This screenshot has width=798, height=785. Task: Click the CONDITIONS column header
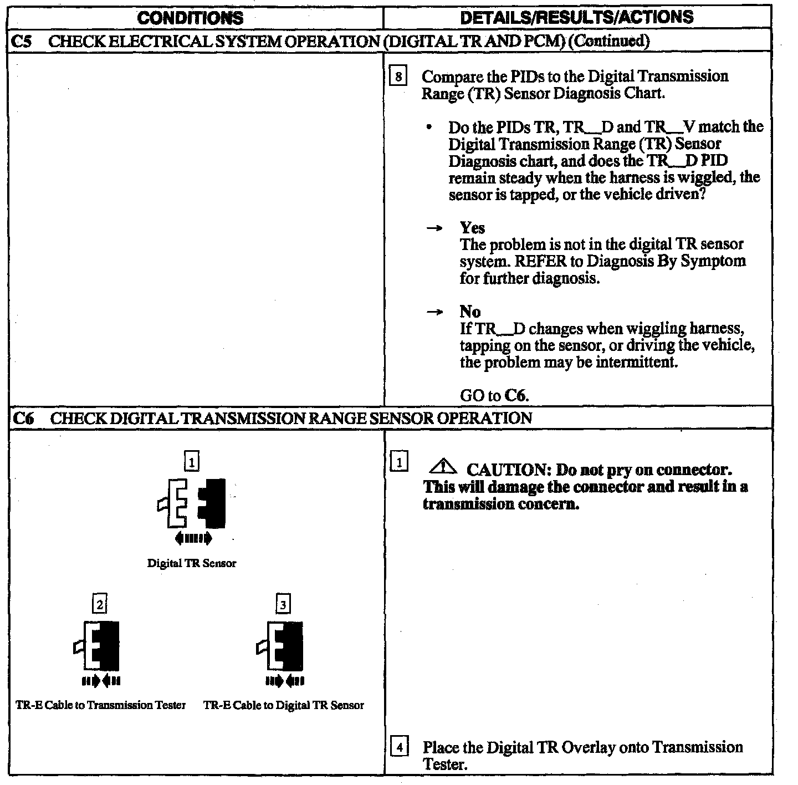pyautogui.click(x=190, y=17)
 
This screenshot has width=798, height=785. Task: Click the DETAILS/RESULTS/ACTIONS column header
pyautogui.click(x=576, y=17)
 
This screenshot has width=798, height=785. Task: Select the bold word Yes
pyautogui.click(x=472, y=228)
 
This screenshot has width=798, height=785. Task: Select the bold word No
pyautogui.click(x=470, y=312)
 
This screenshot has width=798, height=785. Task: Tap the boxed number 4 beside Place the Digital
pyautogui.click(x=399, y=747)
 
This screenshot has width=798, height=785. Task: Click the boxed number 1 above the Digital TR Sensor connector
pyautogui.click(x=191, y=461)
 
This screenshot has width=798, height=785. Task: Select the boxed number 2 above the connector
pyautogui.click(x=100, y=604)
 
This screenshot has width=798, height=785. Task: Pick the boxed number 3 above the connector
pyautogui.click(x=283, y=604)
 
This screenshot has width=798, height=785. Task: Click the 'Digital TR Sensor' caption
pyautogui.click(x=191, y=563)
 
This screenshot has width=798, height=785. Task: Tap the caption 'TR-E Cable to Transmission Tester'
pyautogui.click(x=101, y=705)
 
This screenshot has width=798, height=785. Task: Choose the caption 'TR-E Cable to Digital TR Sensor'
pyautogui.click(x=284, y=705)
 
